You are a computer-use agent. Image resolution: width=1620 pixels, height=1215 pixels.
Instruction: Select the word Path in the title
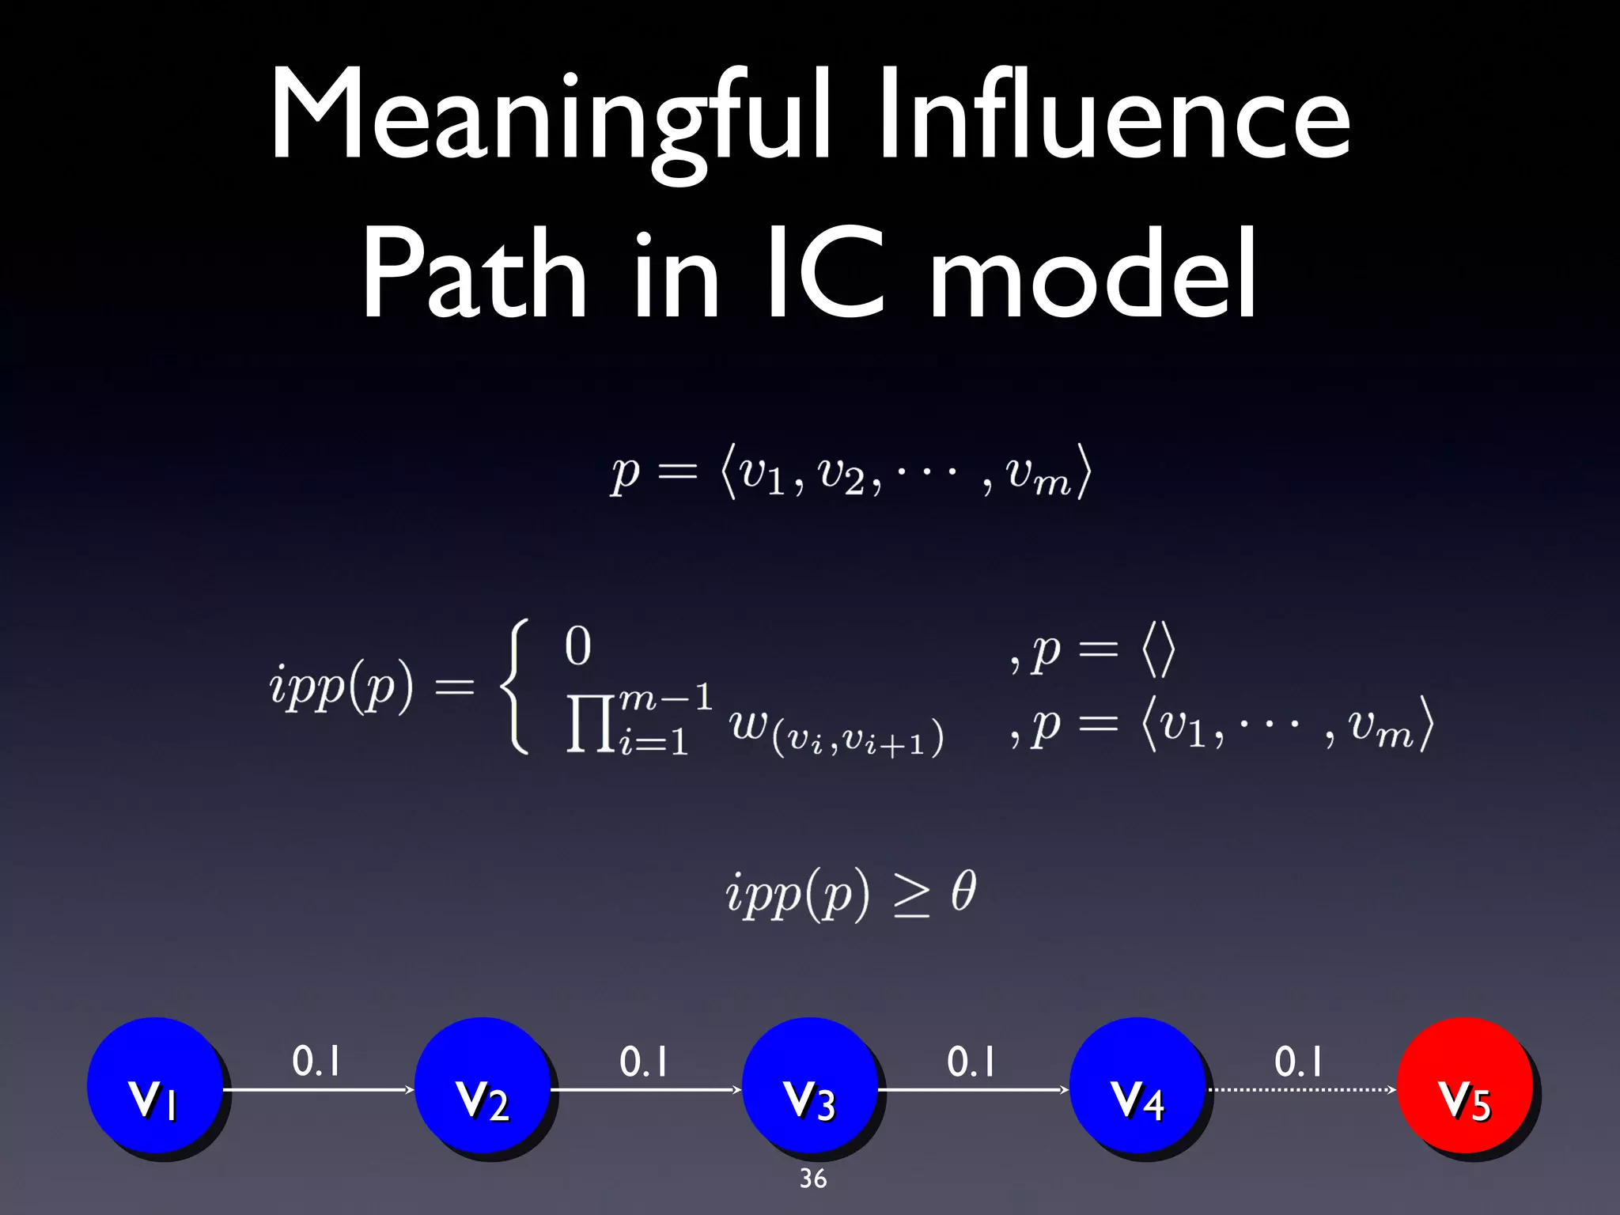[474, 273]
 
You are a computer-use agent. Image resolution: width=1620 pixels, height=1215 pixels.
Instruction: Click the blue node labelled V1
[154, 1084]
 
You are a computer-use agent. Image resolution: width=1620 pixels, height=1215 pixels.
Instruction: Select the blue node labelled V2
[482, 1084]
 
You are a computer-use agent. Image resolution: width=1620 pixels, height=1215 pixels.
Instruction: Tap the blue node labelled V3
[809, 1084]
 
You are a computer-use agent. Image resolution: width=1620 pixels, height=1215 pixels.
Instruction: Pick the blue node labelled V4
[1137, 1084]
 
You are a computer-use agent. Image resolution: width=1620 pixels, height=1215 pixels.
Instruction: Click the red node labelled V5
[1464, 1084]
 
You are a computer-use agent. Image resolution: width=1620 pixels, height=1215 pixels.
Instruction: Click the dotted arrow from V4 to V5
[1301, 1090]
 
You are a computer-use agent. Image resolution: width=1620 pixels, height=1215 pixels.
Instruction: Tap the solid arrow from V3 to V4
[973, 1090]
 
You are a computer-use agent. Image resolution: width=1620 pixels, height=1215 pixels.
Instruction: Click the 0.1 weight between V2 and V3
[643, 1062]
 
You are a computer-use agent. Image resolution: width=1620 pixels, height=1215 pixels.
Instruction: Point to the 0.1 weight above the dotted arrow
[1298, 1062]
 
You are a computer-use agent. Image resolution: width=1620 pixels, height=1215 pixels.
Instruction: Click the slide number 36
[813, 1179]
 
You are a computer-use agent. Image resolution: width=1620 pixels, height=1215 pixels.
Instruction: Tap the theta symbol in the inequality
[963, 891]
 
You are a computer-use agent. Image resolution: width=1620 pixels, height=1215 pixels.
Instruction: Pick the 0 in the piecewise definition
[577, 646]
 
